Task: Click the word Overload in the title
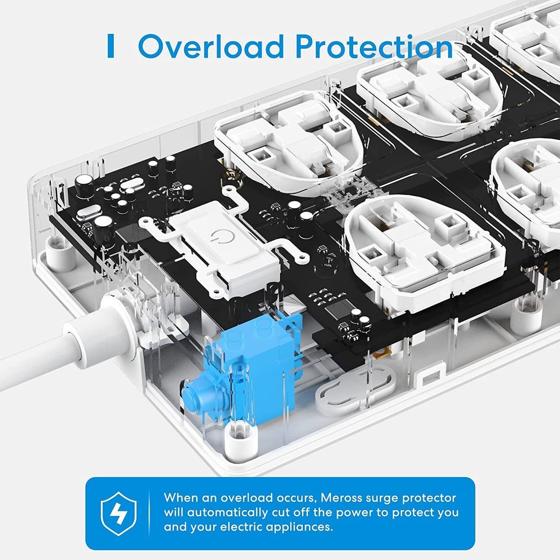point(211,47)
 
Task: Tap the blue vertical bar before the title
point(110,46)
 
